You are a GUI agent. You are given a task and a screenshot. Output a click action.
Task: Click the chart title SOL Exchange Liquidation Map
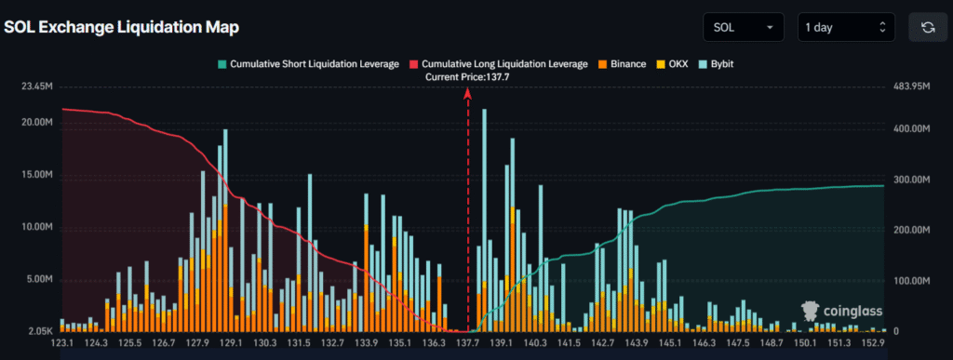pos(122,27)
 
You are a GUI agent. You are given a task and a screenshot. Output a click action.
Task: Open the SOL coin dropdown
pos(743,27)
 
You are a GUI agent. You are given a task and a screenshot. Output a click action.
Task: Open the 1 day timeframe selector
pos(846,27)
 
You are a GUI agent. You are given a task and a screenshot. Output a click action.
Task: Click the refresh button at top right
pos(927,27)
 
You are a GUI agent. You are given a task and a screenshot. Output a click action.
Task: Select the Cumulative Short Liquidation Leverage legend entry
pos(306,64)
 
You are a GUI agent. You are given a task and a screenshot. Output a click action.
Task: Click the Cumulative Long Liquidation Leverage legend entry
pos(498,64)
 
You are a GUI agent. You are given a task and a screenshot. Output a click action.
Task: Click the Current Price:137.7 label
pos(467,77)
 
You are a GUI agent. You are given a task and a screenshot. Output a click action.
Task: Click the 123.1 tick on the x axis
pos(62,344)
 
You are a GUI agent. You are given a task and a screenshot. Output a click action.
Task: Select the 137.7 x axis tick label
pos(467,344)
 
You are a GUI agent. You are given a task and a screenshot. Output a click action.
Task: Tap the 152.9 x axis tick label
pos(872,344)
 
